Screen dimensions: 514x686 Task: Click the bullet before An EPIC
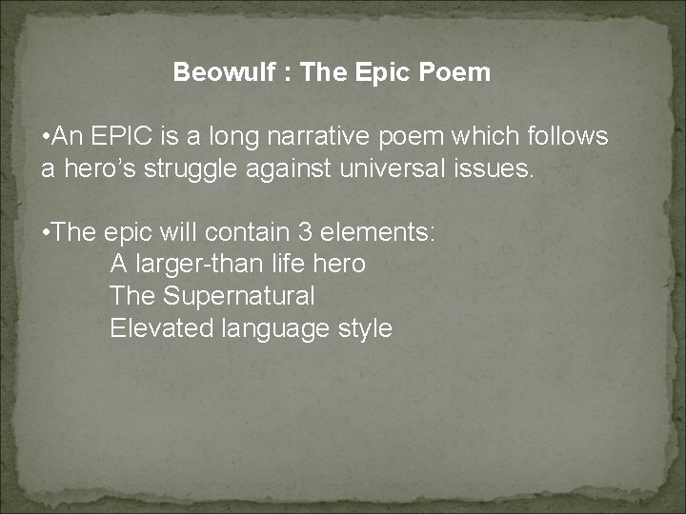click(48, 137)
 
